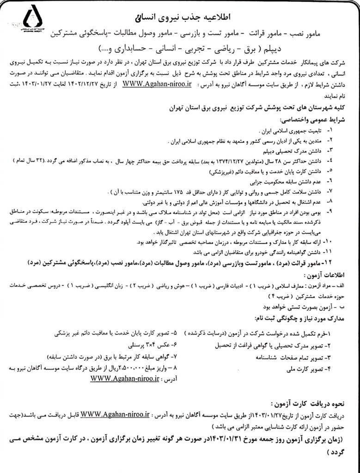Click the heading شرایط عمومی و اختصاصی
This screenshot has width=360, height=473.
[320, 118]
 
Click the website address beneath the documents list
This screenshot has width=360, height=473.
[125, 378]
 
